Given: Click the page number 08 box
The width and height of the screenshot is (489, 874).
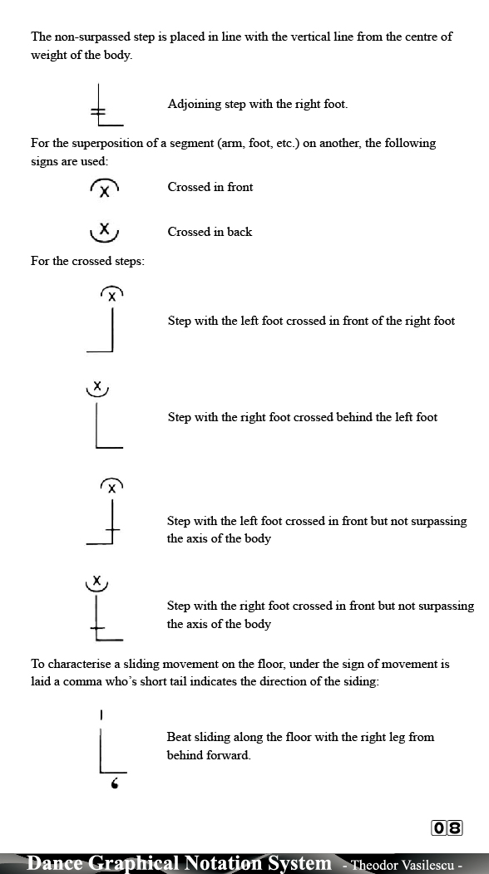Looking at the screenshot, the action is point(447,827).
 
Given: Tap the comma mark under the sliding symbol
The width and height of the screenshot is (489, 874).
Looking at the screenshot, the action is point(114,783).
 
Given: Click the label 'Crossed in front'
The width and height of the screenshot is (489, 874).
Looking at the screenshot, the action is point(210,187).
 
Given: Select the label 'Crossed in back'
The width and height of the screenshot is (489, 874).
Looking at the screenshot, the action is point(210,232).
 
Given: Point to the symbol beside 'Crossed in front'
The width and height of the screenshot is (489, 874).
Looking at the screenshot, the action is point(104,189).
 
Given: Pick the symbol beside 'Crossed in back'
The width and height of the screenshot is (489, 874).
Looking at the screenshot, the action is point(104,231).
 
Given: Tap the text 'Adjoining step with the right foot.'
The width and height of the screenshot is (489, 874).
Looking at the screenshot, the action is point(258,105).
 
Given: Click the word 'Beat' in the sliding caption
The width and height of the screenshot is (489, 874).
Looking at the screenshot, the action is point(180,737).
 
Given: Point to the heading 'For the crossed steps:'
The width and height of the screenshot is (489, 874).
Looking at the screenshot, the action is point(87,261).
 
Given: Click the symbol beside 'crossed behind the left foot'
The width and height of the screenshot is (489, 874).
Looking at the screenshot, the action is point(103,418).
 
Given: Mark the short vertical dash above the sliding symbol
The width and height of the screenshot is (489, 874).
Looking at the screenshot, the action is point(101,714).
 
